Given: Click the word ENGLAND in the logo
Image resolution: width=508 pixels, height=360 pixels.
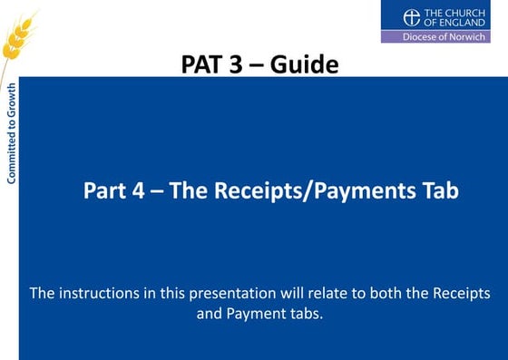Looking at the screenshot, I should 454,22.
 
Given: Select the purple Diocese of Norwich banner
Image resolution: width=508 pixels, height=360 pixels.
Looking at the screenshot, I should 436,36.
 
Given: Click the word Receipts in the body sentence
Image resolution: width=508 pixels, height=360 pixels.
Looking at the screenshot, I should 459,294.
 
